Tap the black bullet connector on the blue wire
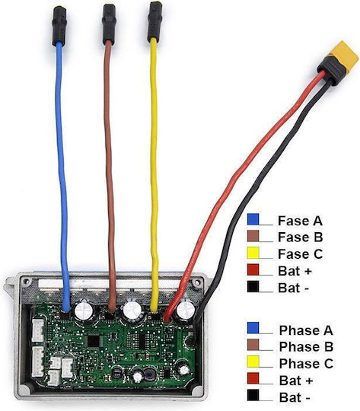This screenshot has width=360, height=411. click(59, 26)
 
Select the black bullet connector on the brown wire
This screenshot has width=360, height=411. click(110, 24)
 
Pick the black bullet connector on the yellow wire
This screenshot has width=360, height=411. click(154, 21)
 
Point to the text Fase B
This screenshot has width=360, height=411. click(300, 237)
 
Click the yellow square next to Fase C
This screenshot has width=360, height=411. click(253, 253)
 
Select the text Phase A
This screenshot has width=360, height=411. click(306, 330)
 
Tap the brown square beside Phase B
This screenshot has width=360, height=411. click(253, 345)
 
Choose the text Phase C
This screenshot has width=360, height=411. click(306, 364)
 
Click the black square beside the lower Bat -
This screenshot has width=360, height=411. click(253, 395)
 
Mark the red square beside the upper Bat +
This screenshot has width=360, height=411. click(253, 269)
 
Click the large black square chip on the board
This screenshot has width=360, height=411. click(94, 341)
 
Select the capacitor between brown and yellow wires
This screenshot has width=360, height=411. click(132, 311)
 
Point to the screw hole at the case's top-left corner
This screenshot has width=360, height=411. click(26, 282)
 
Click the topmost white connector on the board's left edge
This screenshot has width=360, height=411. click(38, 331)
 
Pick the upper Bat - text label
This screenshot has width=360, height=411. click(293, 288)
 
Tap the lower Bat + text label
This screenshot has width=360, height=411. click(296, 380)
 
